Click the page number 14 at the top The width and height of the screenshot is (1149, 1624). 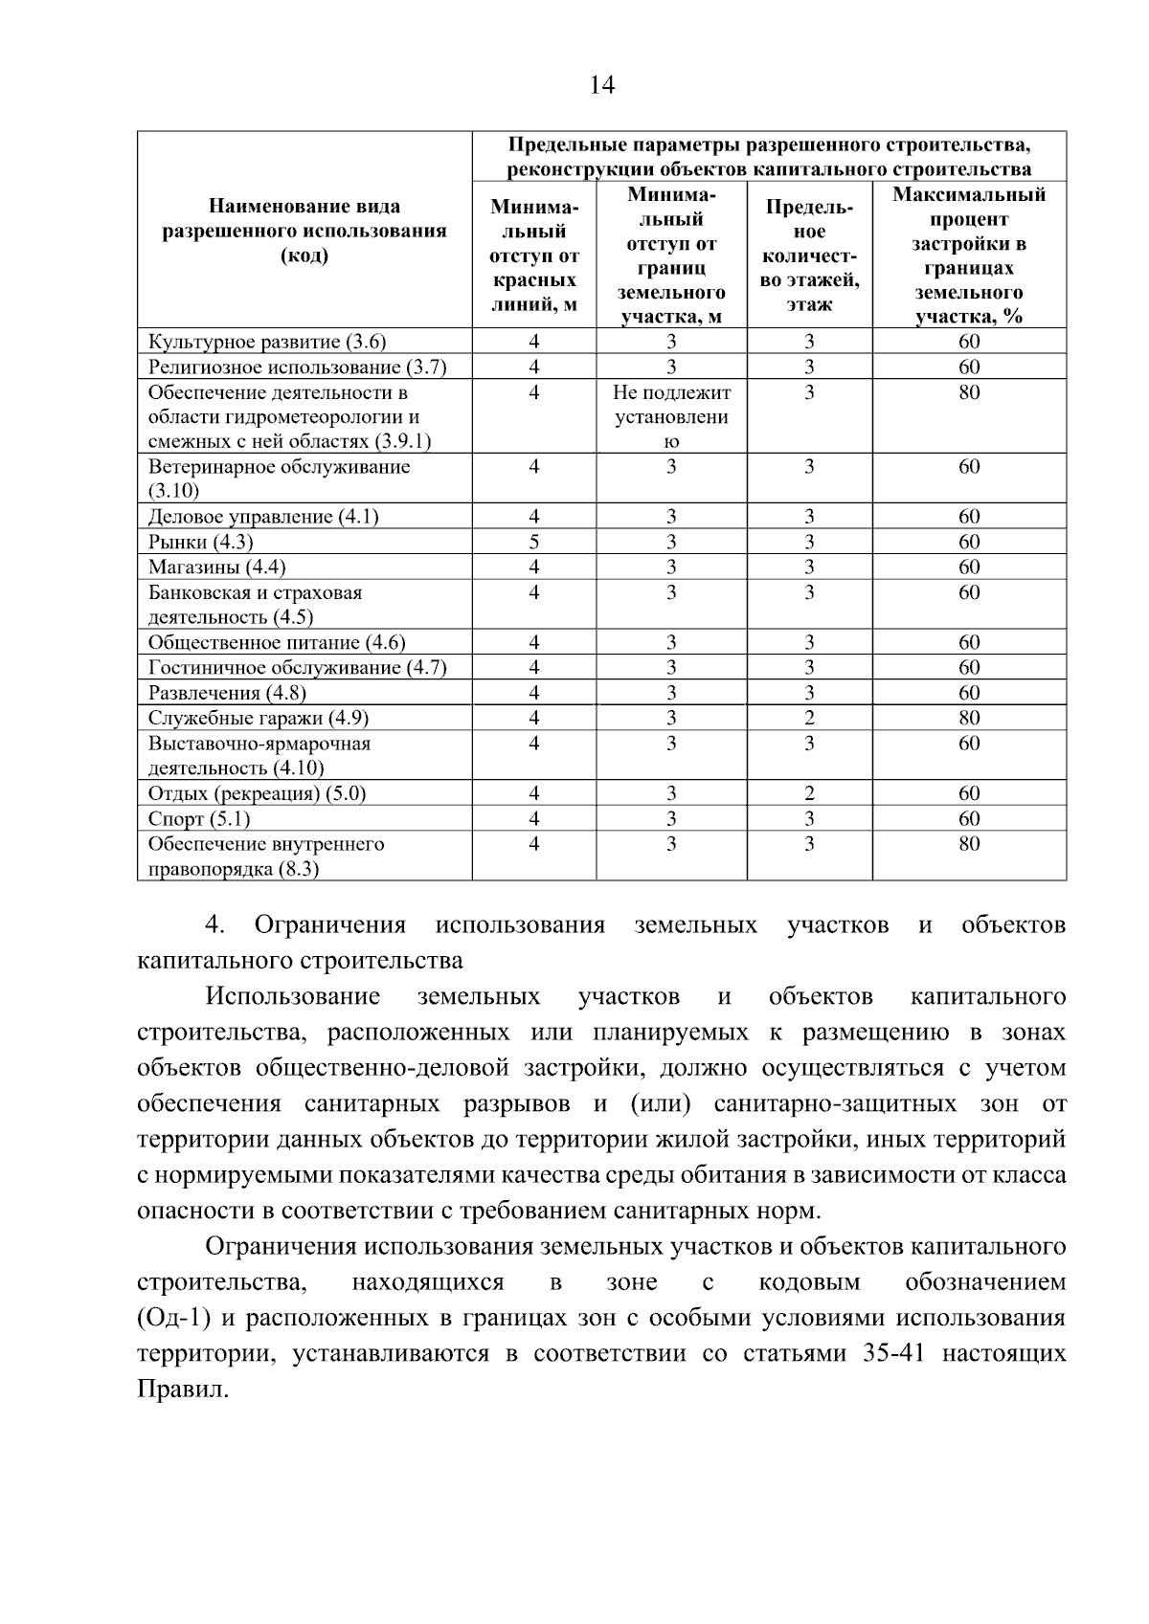coord(601,86)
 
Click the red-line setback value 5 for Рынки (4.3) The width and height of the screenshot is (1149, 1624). coord(533,542)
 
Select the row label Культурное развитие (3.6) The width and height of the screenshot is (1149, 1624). coord(267,342)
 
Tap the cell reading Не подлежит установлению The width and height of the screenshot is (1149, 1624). coord(671,416)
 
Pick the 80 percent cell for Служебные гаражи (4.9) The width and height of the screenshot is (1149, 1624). coord(969,718)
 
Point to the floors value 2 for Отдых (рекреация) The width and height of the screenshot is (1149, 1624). coord(809,793)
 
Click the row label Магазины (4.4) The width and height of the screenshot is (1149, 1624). coord(217,567)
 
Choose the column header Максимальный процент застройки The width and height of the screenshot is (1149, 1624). coord(969,256)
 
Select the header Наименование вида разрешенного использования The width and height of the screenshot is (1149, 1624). coord(304,231)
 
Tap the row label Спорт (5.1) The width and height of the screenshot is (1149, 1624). coord(199,819)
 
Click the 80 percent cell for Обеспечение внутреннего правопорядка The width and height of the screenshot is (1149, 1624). coord(969,844)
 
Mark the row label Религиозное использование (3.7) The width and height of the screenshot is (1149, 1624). coord(297,367)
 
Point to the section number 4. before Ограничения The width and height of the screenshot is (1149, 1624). coord(214,925)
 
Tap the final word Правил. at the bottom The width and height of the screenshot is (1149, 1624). coord(184,1390)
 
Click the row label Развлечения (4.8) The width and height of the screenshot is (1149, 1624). coord(227,693)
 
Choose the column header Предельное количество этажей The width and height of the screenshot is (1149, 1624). coord(809,256)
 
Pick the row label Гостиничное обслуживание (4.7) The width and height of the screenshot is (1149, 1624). coord(297,668)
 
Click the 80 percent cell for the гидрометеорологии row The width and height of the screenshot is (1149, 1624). coord(969,392)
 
